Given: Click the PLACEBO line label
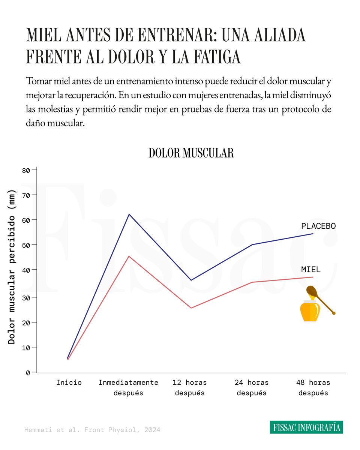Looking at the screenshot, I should [x=318, y=226].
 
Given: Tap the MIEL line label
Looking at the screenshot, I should [x=310, y=270].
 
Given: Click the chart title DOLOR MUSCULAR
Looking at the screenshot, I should [x=191, y=153].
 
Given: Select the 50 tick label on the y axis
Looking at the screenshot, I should [x=25, y=245].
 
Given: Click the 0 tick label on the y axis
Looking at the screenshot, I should [x=28, y=373].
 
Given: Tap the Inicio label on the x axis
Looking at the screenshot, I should [x=69, y=382].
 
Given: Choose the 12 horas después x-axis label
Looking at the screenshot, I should [x=190, y=388].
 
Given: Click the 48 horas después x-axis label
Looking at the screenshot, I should [x=313, y=388].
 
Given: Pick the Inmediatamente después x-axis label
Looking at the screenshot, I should [x=128, y=388].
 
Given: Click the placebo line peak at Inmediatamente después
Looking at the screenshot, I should [x=129, y=214].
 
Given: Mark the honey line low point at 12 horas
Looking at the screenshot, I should [x=191, y=308].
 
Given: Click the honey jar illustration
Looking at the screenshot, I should [x=310, y=311].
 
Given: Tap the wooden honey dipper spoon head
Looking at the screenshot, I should [x=312, y=291].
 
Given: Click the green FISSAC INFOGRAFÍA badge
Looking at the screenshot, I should [x=306, y=427].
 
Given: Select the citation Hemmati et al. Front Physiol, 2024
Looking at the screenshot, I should [x=92, y=430].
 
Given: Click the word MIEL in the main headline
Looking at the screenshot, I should [x=41, y=36].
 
